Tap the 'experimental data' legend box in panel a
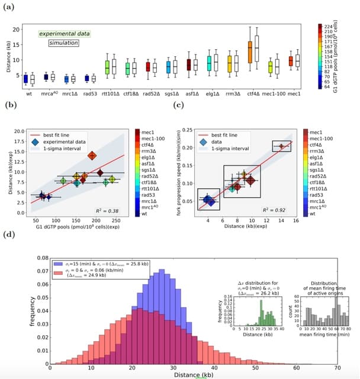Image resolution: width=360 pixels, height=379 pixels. tap(65, 34)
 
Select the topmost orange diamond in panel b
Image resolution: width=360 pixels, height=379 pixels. tap(92, 156)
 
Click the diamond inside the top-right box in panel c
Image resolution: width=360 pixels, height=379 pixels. tap(281, 146)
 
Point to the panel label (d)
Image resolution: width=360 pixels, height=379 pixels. tap(10, 234)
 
